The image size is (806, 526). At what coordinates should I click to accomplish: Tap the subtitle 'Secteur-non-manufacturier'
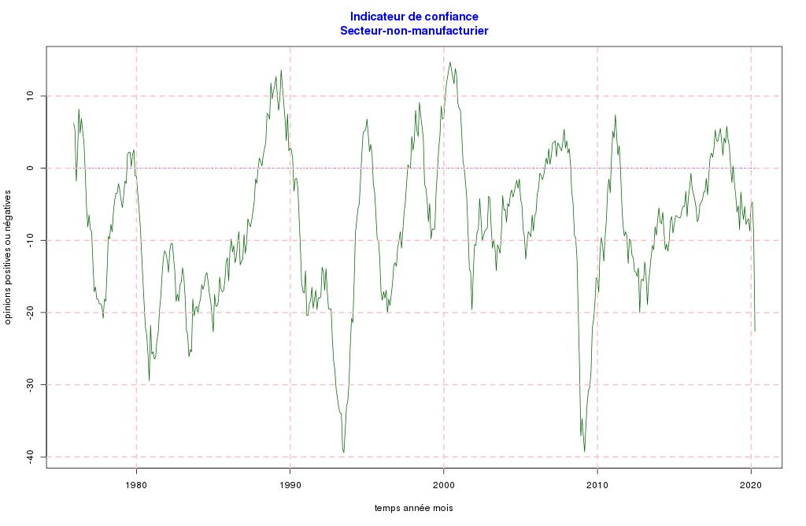pyautogui.click(x=414, y=31)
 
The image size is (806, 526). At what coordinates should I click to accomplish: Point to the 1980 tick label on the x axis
pyautogui.click(x=136, y=483)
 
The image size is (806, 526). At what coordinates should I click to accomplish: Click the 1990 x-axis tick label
pyautogui.click(x=290, y=483)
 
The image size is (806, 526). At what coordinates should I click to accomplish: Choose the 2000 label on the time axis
pyautogui.click(x=444, y=483)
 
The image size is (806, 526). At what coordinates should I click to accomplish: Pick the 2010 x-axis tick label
pyautogui.click(x=597, y=483)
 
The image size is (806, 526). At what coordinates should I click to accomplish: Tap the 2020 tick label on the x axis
pyautogui.click(x=751, y=483)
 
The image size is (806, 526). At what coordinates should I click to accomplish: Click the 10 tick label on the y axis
pyautogui.click(x=31, y=96)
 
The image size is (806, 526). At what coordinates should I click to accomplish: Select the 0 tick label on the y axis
pyautogui.click(x=31, y=168)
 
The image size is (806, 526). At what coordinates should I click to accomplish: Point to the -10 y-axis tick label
pyautogui.click(x=31, y=240)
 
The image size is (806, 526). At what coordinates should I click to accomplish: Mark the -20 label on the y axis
pyautogui.click(x=31, y=313)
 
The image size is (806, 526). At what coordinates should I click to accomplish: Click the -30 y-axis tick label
pyautogui.click(x=31, y=384)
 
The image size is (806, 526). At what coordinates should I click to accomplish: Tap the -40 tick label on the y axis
pyautogui.click(x=31, y=457)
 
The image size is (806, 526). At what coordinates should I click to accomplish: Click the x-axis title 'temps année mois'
pyautogui.click(x=413, y=508)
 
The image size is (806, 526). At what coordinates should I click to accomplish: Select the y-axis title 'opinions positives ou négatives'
pyautogui.click(x=9, y=260)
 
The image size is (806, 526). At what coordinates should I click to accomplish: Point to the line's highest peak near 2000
pyautogui.click(x=449, y=62)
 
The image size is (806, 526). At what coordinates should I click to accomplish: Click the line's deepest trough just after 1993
pyautogui.click(x=344, y=452)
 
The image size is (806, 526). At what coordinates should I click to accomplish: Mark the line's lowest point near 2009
pyautogui.click(x=584, y=451)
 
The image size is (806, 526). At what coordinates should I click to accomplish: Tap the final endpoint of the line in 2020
pyautogui.click(x=755, y=332)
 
